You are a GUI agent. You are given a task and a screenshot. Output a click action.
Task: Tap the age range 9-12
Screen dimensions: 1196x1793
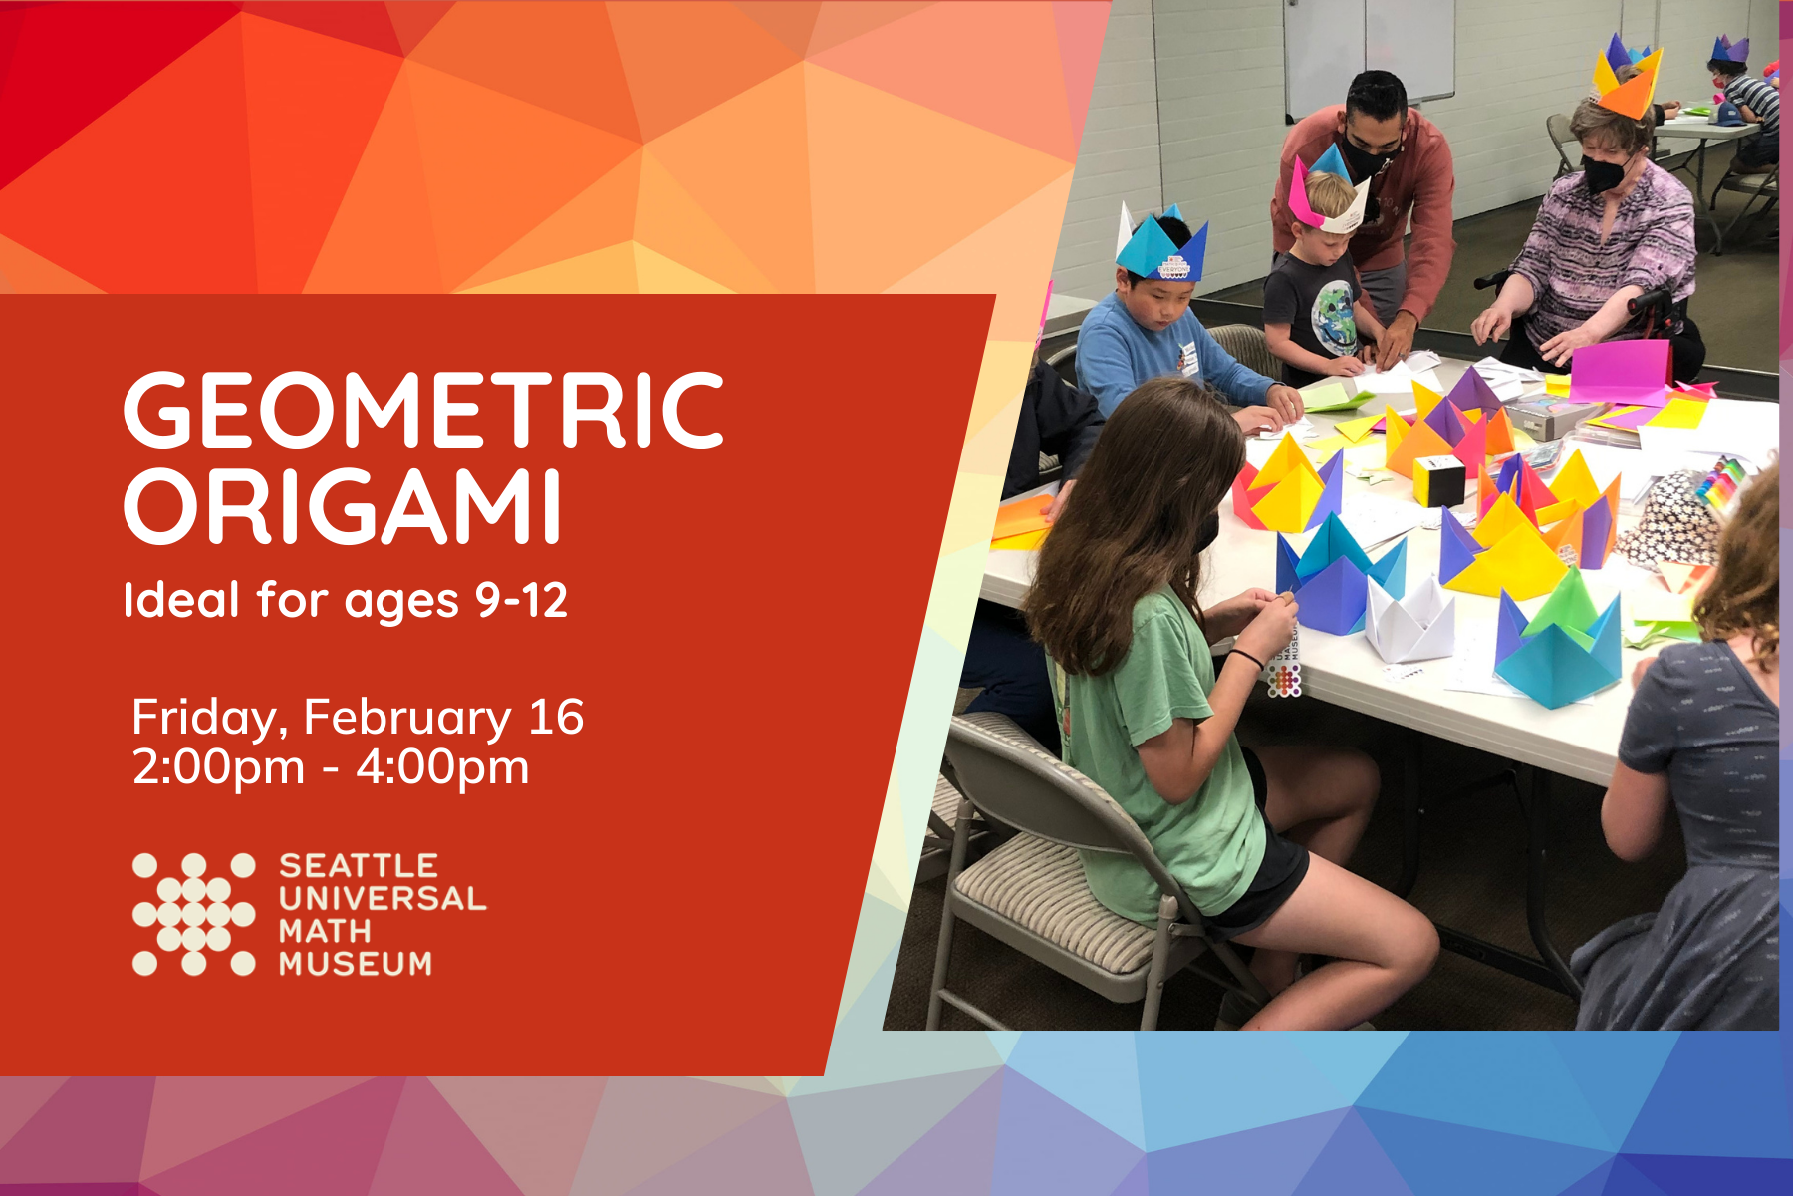pos(521,600)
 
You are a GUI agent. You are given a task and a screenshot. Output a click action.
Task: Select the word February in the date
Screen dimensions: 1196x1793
pos(407,718)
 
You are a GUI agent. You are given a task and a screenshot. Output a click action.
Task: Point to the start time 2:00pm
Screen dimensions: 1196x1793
pos(218,768)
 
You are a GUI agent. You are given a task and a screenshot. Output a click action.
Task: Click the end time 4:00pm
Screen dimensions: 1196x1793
pos(442,768)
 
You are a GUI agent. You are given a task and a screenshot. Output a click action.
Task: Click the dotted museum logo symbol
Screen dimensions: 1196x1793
pos(193,913)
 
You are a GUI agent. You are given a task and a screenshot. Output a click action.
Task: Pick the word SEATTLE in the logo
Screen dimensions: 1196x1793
pos(359,865)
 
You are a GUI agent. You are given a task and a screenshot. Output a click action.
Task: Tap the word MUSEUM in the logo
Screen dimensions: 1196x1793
pos(356,964)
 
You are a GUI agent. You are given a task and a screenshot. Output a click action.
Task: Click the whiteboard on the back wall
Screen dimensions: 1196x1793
pos(1369,55)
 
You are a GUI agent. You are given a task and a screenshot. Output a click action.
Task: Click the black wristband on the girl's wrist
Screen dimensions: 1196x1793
pos(1245,658)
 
